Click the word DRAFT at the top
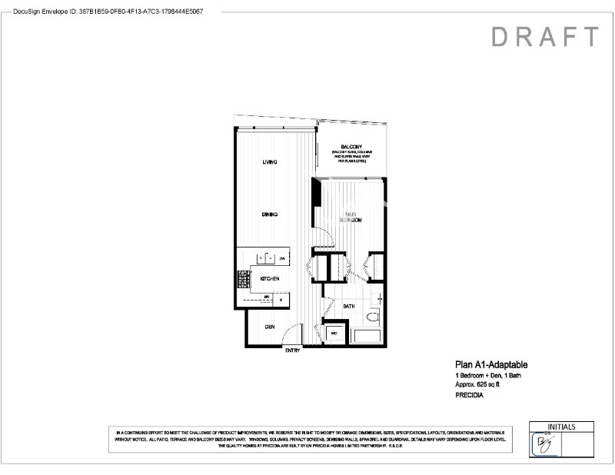tap(544, 37)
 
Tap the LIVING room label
tap(269, 162)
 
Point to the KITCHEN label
tap(269, 278)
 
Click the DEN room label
tap(270, 327)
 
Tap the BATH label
tap(349, 306)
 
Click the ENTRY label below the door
tap(292, 351)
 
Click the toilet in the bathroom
tap(373, 317)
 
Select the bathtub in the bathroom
tap(368, 336)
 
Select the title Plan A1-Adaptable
tap(490, 365)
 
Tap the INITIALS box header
tap(562, 427)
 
